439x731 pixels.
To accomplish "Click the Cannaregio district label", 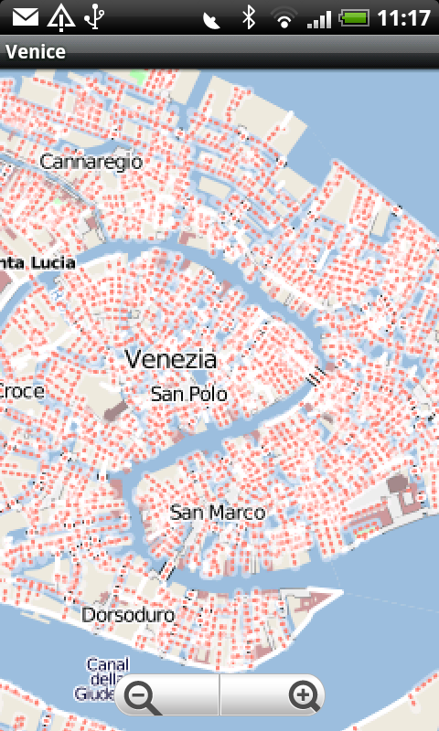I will click(91, 162).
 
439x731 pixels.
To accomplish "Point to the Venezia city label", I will click(171, 359).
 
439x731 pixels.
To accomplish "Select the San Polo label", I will click(188, 395).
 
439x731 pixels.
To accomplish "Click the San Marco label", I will click(218, 513).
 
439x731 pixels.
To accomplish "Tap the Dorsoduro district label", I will click(128, 615).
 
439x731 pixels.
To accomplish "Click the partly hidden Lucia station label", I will click(37, 262).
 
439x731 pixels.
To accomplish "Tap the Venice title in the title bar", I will click(36, 51).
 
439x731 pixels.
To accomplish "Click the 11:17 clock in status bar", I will click(403, 17).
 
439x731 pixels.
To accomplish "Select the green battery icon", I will click(354, 17).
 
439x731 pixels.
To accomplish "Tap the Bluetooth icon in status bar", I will click(247, 17).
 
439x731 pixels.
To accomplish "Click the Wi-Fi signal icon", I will click(285, 17).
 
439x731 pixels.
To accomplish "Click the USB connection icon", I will click(93, 17).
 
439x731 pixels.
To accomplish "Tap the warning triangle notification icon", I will click(60, 17).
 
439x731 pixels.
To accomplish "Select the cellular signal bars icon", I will click(319, 17).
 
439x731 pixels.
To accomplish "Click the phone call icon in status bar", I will click(212, 17).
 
